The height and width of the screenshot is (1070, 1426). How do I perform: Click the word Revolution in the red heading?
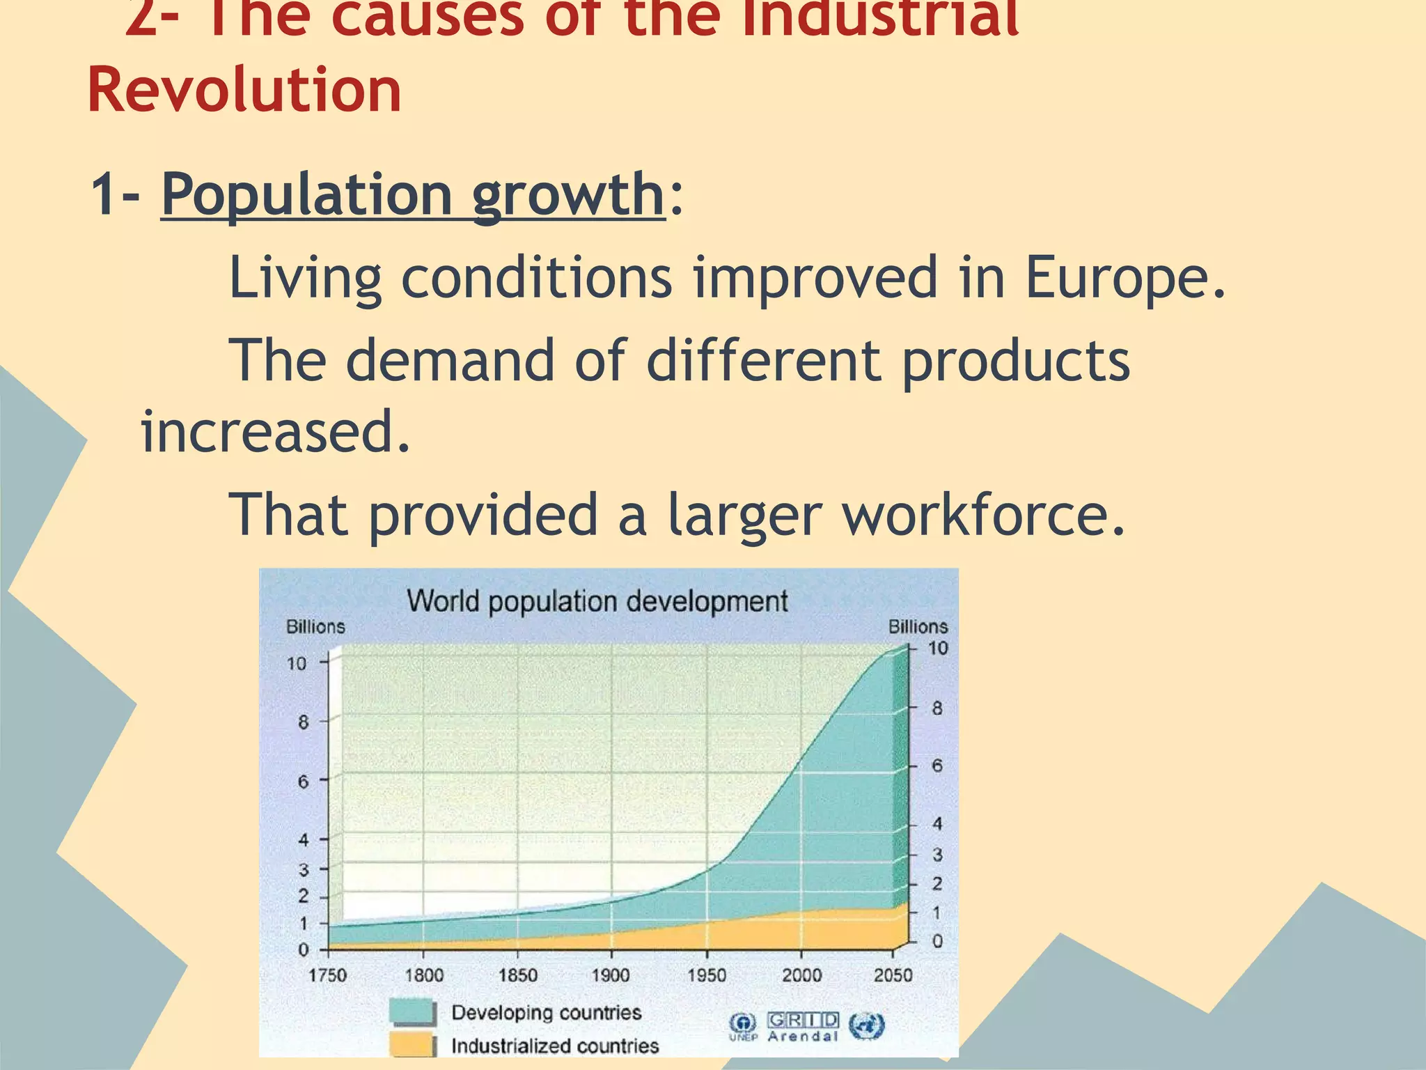pos(244,90)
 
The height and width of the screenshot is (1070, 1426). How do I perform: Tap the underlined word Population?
pos(307,195)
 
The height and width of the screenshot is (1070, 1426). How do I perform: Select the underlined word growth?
pos(567,195)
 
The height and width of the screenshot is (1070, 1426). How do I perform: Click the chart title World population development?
pos(597,600)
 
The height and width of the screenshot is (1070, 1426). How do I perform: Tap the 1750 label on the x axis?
pos(327,975)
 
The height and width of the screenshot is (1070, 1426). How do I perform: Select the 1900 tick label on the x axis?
pos(611,975)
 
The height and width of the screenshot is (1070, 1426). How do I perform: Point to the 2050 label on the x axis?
pos(893,975)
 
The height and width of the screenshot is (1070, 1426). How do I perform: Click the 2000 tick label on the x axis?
pos(801,975)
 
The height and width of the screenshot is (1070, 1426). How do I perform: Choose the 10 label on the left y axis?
pos(297,663)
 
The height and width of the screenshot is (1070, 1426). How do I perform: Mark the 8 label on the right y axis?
pos(937,708)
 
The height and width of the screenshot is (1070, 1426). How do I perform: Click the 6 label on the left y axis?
pos(303,782)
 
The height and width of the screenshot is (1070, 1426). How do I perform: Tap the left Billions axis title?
pos(315,627)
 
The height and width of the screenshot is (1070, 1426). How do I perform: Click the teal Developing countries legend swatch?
pos(412,1012)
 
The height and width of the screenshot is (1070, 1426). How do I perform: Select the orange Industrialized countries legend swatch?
pos(412,1046)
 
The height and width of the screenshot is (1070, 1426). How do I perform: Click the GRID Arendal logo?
pos(803,1027)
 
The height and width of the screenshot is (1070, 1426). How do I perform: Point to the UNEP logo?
pos(743,1027)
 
